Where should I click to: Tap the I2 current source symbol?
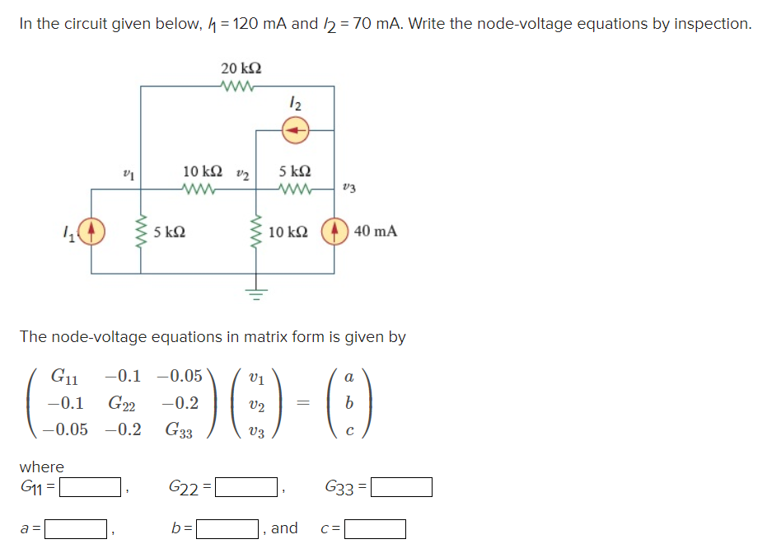point(296,129)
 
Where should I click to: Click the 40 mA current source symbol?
point(334,231)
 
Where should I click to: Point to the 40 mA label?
point(376,232)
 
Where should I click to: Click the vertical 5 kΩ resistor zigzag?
point(141,232)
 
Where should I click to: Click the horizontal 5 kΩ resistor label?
point(294,172)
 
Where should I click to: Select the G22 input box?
point(246,488)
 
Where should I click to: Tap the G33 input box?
point(402,488)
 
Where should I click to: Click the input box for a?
point(76,528)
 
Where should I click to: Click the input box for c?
point(375,528)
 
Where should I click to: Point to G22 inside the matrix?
point(122,403)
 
